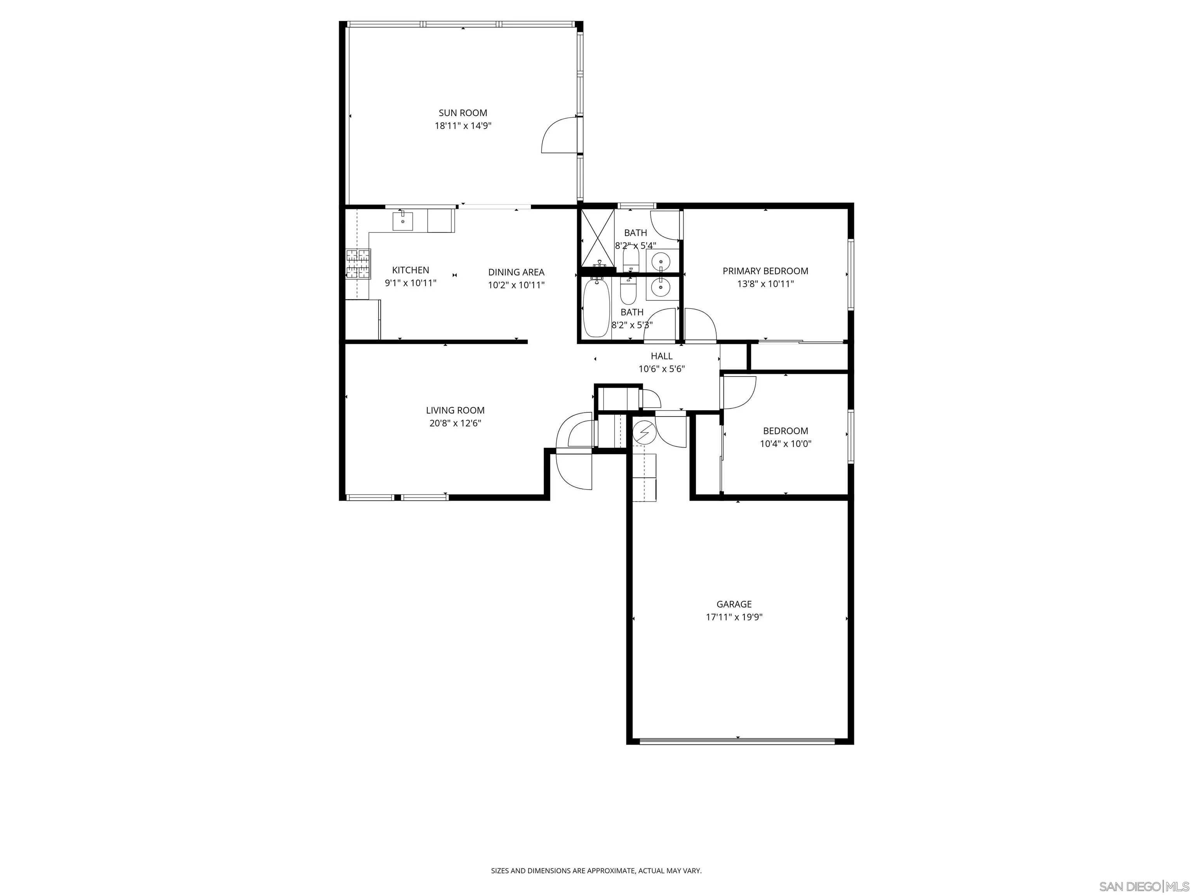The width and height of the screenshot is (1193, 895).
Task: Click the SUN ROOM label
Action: click(463, 113)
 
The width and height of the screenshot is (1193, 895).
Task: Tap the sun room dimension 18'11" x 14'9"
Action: click(463, 126)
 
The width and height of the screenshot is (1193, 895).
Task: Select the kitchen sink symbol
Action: click(402, 221)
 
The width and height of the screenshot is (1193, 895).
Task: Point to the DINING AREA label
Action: click(516, 272)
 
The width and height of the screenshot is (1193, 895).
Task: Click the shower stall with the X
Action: click(596, 237)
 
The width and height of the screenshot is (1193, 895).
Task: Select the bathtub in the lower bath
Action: click(596, 308)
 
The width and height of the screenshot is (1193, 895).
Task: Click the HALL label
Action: click(661, 356)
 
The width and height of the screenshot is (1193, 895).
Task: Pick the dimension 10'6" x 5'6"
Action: click(661, 369)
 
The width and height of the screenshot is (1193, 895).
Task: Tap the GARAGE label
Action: click(734, 604)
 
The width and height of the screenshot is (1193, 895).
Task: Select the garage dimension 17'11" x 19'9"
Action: click(734, 617)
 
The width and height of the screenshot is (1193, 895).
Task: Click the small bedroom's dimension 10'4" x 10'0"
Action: click(785, 444)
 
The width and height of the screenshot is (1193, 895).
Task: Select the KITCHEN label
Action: click(410, 270)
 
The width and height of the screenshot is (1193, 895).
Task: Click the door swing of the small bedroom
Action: click(739, 391)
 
